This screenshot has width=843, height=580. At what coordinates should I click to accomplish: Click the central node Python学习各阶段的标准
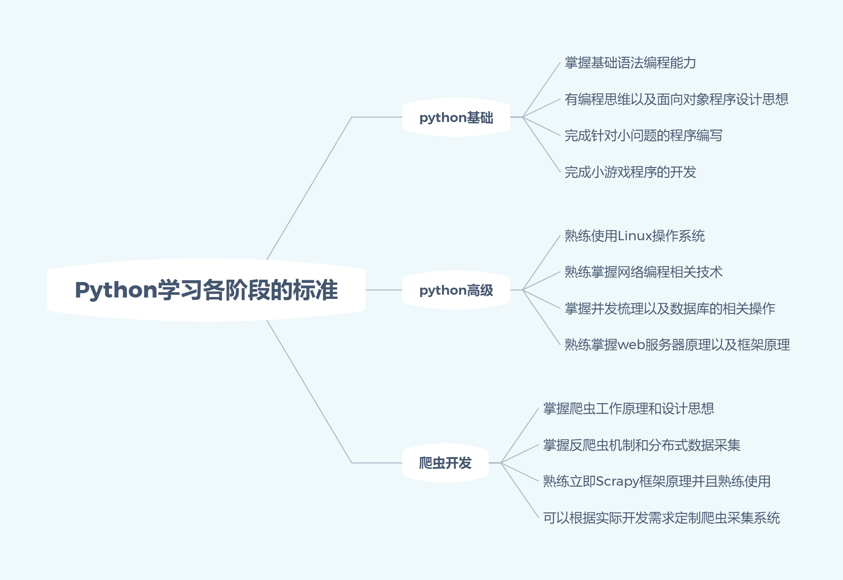206,290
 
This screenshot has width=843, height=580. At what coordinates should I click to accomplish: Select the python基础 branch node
456,117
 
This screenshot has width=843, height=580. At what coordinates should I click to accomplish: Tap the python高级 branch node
456,290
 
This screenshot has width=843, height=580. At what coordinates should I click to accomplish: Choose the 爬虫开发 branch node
445,463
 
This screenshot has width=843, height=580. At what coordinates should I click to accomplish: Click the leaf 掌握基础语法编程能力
630,63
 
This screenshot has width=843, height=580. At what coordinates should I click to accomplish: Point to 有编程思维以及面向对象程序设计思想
676,99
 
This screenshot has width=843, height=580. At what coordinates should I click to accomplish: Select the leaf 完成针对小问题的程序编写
643,136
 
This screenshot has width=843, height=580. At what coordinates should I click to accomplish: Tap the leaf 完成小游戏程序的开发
630,172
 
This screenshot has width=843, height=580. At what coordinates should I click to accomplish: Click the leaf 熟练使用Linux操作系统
634,236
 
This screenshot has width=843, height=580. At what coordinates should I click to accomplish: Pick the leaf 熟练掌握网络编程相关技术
643,272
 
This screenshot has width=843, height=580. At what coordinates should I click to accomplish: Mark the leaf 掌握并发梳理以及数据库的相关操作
670,309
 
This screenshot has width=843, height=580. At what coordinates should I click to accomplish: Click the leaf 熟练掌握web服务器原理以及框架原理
677,345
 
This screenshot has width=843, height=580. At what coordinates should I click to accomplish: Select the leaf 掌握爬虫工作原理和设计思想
628,409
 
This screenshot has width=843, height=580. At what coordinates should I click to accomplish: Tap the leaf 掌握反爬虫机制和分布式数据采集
641,445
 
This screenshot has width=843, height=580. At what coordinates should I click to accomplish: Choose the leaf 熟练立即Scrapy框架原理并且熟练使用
656,481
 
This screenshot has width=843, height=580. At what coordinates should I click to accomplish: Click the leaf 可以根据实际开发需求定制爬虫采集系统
661,518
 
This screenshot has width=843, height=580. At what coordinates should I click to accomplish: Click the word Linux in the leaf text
634,236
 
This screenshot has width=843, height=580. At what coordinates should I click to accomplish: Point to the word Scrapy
617,481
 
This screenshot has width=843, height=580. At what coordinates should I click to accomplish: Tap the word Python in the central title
116,290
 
